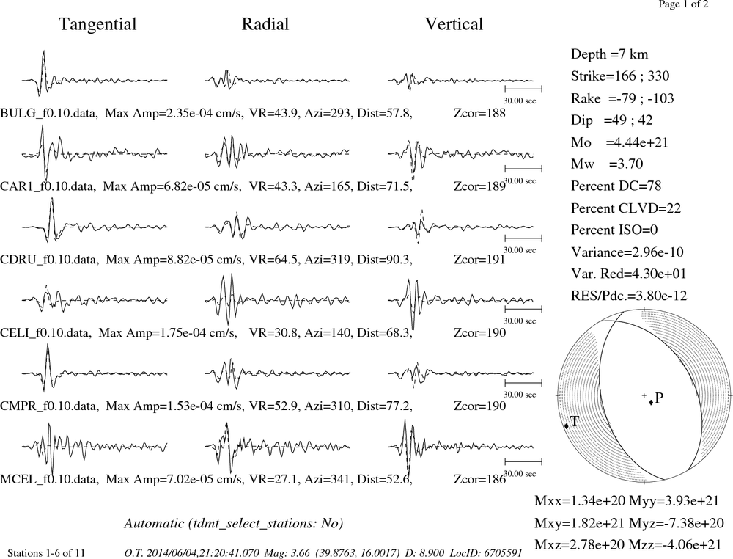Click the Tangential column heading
click(x=97, y=24)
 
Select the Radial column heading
click(x=265, y=24)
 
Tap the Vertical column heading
click(x=454, y=24)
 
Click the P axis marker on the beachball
click(x=651, y=402)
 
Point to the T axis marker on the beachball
click(x=567, y=425)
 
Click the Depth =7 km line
click(x=610, y=54)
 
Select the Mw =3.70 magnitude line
click(x=607, y=164)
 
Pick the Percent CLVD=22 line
click(x=626, y=208)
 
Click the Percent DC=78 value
click(x=616, y=186)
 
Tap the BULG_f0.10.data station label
click(x=49, y=113)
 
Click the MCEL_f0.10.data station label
click(x=49, y=480)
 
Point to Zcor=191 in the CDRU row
click(x=479, y=260)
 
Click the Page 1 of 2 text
click(x=683, y=4)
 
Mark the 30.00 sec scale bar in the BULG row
click(x=523, y=89)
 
